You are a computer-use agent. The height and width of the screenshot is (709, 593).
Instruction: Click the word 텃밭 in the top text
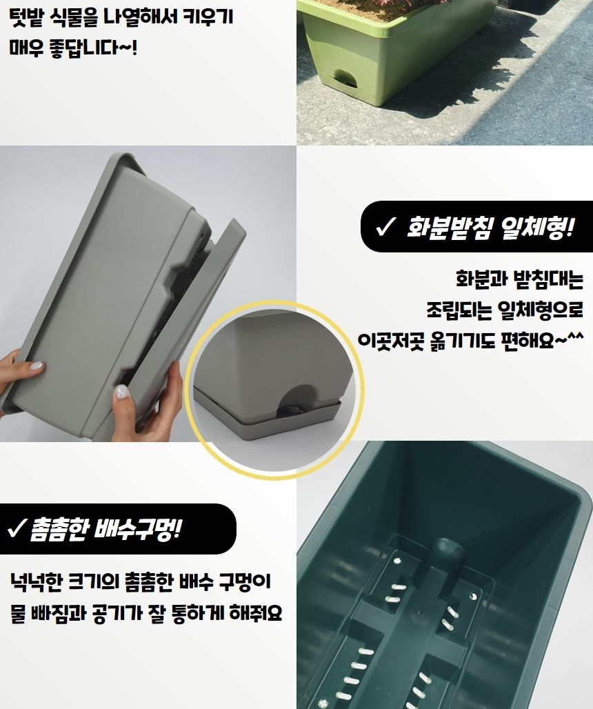26,17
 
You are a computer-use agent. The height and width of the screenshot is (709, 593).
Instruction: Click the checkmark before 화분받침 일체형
384,227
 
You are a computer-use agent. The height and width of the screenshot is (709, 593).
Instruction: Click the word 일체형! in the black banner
539,227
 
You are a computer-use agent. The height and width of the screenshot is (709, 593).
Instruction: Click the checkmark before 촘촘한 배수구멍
17,530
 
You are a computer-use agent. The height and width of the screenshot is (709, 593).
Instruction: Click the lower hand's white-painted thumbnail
123,392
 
